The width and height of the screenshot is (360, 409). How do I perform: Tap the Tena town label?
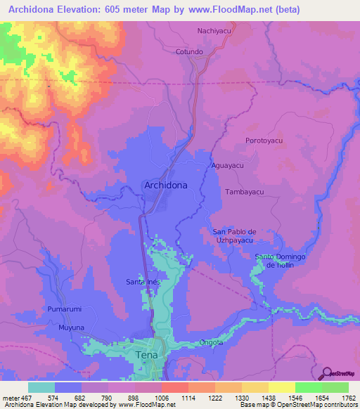147,356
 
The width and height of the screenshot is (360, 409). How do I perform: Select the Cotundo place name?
189,52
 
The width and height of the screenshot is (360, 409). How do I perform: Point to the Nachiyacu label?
215,32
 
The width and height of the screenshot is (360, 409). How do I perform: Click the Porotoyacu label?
264,141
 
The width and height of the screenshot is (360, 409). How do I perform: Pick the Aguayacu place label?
227,166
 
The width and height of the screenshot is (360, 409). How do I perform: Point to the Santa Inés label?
143,282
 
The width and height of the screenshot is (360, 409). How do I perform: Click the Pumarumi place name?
65,309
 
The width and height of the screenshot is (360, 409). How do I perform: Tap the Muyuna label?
72,327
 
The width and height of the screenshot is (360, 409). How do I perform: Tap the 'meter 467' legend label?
15,398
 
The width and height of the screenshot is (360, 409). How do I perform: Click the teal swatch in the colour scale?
41,387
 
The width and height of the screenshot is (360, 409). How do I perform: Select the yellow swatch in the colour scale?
281,387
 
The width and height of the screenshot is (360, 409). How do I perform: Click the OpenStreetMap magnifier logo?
326,372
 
